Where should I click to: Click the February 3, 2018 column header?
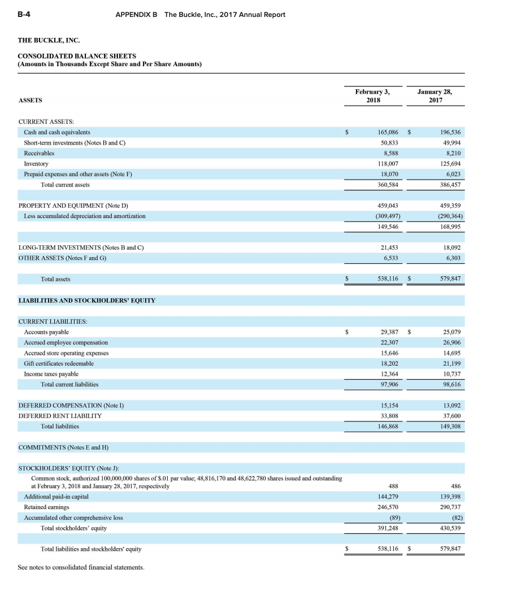click(372, 95)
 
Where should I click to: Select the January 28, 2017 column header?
click(434, 95)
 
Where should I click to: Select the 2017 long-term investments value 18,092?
click(450, 247)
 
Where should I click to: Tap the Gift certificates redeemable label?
click(59, 363)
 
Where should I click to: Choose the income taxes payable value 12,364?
click(390, 374)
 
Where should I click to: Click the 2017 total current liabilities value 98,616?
click(450, 384)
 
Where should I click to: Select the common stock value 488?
click(394, 486)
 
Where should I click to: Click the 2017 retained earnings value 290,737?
click(449, 507)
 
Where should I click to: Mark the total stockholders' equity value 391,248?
click(389, 528)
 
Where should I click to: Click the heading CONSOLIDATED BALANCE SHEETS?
click(77, 56)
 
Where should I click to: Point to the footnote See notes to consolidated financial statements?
click(81, 567)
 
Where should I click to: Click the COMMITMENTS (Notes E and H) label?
click(63, 447)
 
